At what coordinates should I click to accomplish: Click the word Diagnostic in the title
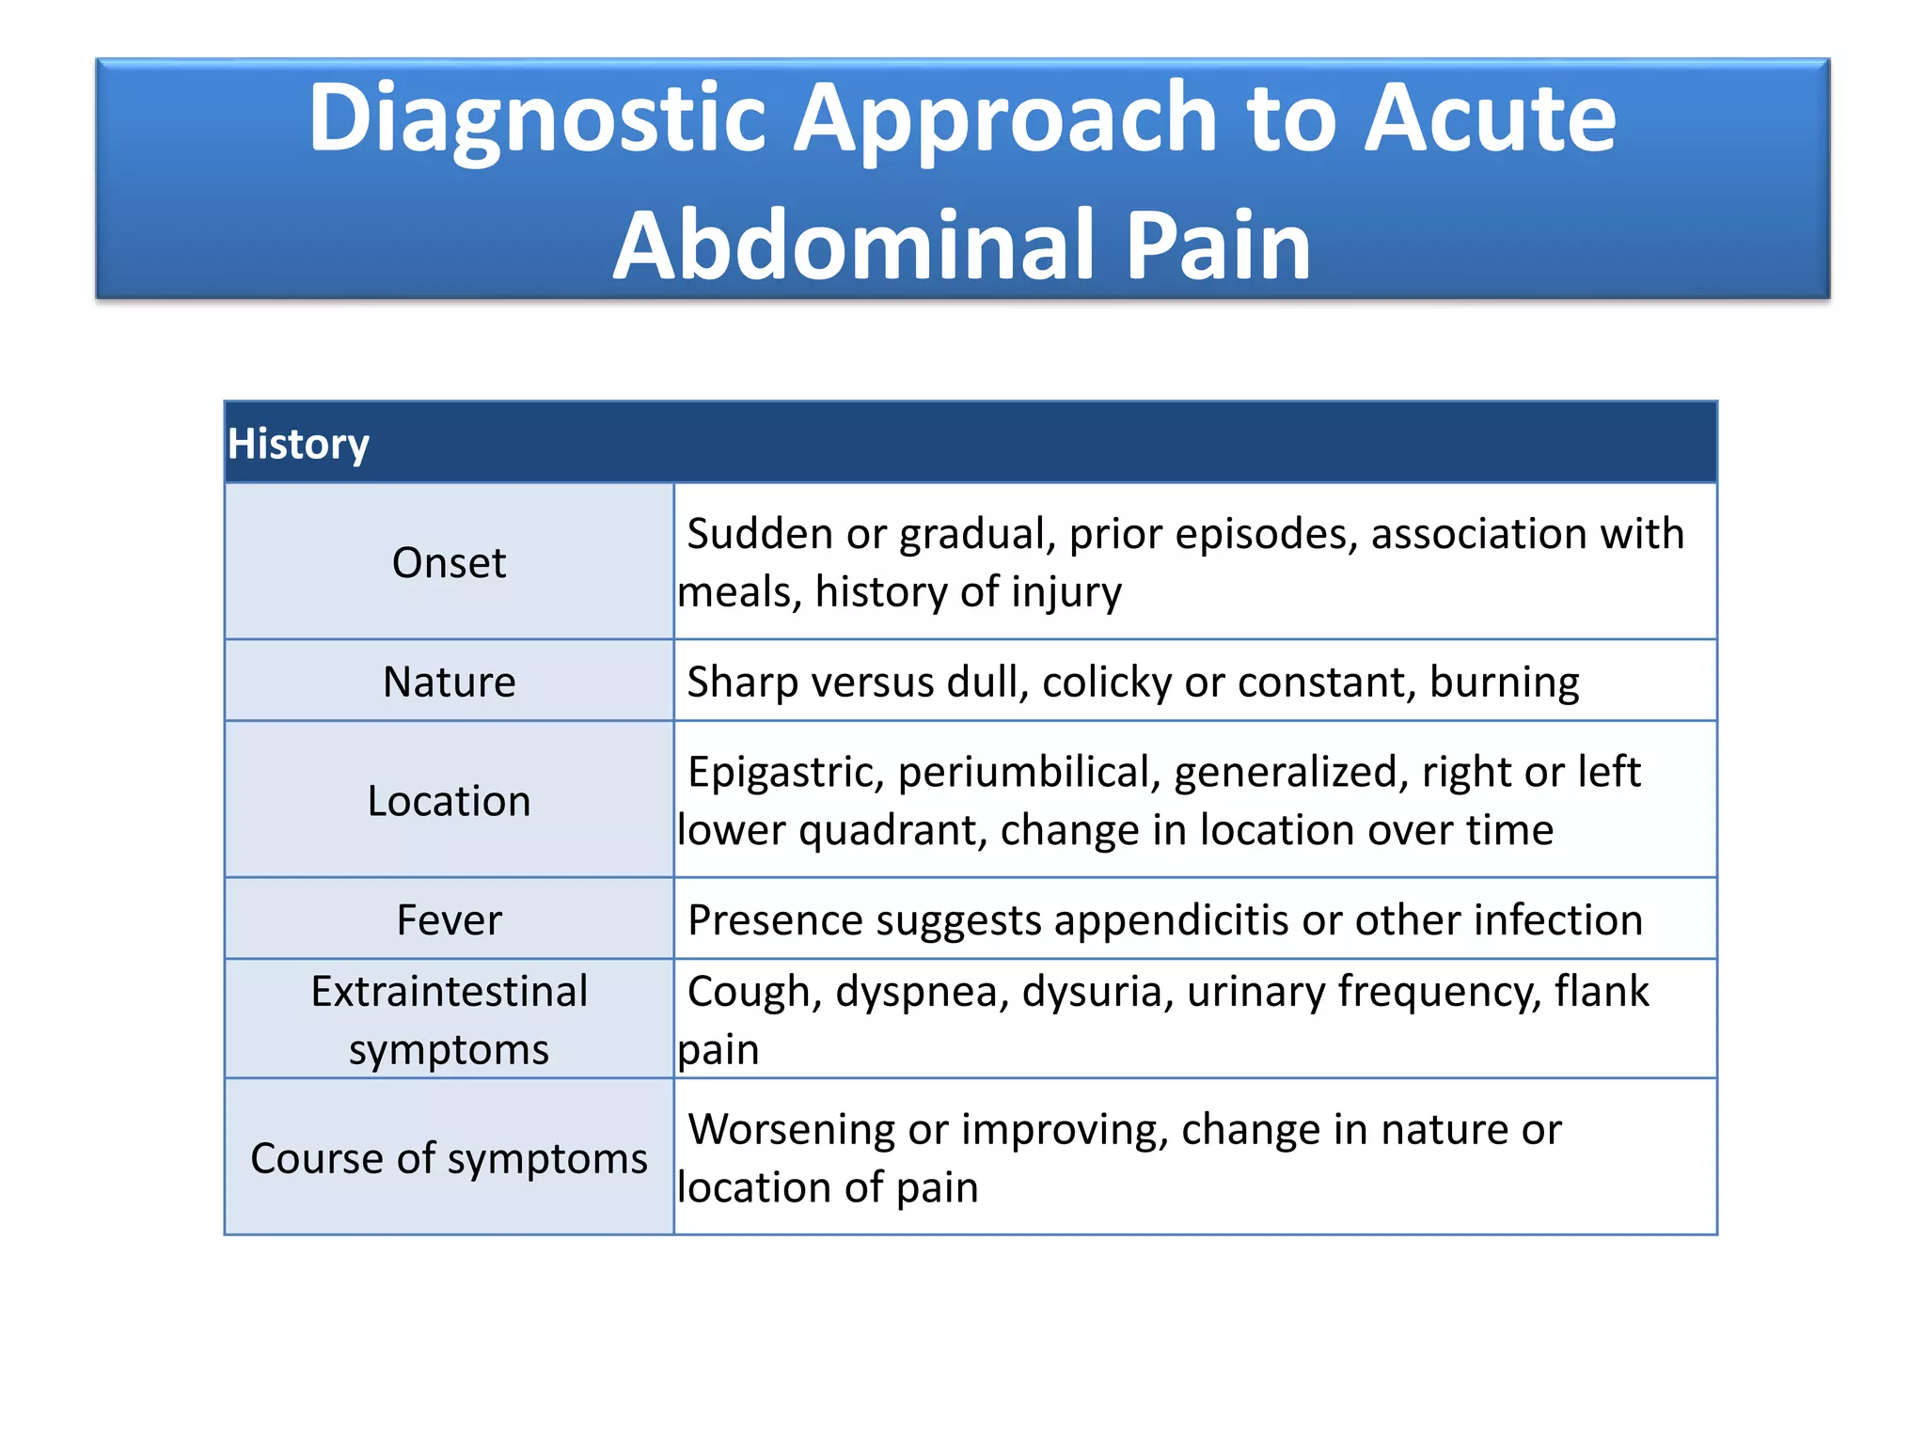click(537, 118)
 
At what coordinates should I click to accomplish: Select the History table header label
click(298, 444)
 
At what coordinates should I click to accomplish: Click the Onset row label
click(449, 563)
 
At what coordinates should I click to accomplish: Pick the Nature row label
click(449, 682)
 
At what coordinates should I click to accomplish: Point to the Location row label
click(449, 801)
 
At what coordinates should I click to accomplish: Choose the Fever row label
click(449, 919)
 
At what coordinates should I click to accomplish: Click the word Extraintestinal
click(449, 992)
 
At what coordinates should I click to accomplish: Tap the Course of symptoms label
click(449, 1158)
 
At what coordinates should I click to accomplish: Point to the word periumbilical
click(1029, 773)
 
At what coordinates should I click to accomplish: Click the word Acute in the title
click(1490, 118)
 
